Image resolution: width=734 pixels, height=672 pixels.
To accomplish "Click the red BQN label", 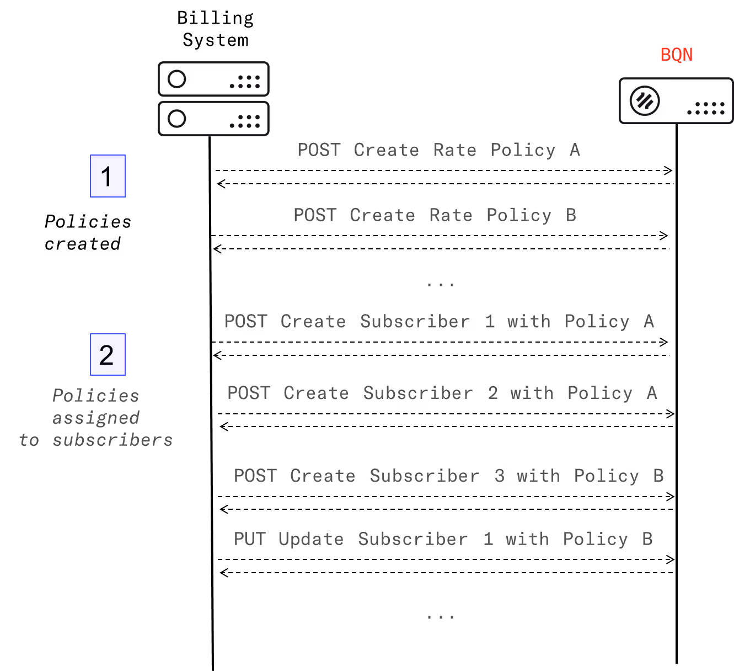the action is pos(676,55).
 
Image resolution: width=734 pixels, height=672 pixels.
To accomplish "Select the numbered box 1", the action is pos(108,176).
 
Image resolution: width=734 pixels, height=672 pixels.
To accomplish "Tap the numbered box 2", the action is pos(108,355).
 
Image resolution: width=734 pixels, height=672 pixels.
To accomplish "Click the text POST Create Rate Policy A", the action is pos(438,150).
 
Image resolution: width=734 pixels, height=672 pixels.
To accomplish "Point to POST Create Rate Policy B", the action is pos(435,215).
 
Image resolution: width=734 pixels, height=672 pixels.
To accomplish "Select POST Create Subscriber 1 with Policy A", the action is pos(439,322).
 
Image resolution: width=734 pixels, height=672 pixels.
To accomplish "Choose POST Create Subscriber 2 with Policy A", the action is pos(442,393).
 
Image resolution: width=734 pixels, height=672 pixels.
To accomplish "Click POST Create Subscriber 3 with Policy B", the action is pos(448,476).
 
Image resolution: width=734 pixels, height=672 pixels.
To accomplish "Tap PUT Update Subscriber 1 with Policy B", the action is pos(443,539).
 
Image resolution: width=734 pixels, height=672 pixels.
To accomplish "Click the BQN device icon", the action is pos(676,101).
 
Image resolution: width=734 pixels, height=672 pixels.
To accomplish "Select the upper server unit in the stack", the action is pos(214,79).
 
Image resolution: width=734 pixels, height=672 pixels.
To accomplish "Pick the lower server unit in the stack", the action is pos(214,119).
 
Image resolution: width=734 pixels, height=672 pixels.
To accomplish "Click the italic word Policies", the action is pos(95,396).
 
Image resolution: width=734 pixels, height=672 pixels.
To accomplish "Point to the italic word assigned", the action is pos(95,418).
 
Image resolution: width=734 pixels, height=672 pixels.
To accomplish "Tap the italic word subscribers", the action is pos(112,440).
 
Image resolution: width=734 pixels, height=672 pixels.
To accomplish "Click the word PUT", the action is pos(250,539).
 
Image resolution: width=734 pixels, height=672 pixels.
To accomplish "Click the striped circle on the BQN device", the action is pos(645,101).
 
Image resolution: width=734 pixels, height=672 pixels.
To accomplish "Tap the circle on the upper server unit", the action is pos(176,79).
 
